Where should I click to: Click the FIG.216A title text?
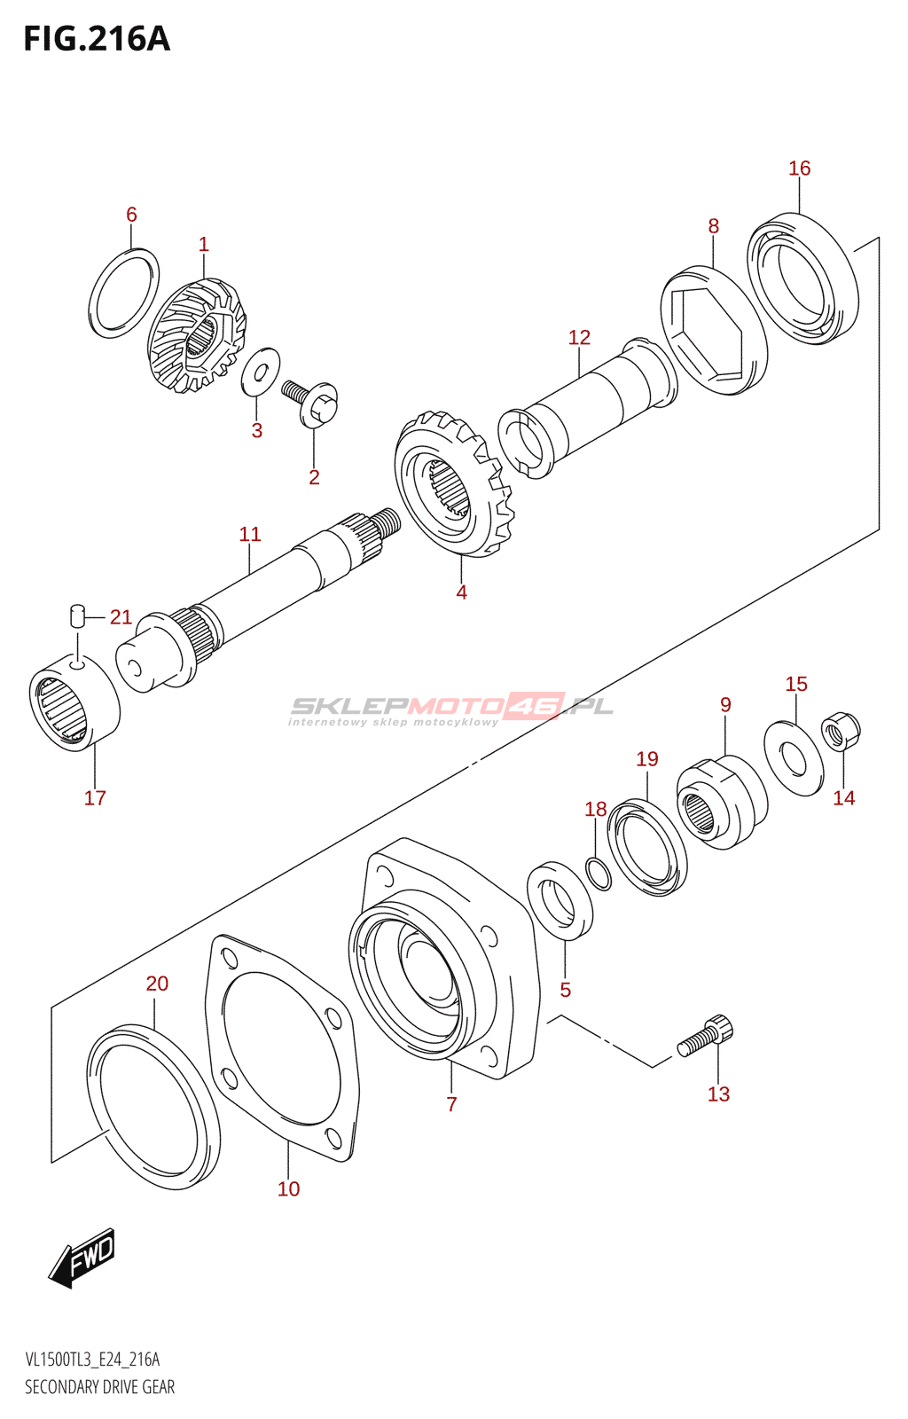[x=97, y=39]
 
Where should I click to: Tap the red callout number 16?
[x=799, y=168]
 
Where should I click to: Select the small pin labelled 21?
[x=76, y=615]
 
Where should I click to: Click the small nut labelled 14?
[x=841, y=732]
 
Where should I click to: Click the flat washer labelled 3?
[x=260, y=371]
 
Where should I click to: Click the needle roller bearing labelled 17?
[x=74, y=701]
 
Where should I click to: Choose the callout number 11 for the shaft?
[x=249, y=534]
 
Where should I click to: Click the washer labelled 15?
[x=794, y=757]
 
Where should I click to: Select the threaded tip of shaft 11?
[x=387, y=521]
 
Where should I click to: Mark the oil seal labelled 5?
[x=560, y=901]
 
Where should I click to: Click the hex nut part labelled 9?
[x=722, y=802]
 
